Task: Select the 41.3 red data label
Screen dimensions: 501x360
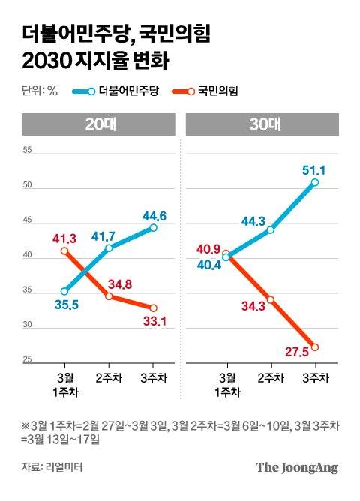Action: pos(65,238)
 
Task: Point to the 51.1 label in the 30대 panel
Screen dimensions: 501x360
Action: pos(314,169)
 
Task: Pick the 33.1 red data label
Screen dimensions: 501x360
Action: pos(152,322)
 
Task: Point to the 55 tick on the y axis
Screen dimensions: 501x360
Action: pos(28,151)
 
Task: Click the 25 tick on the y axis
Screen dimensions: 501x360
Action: pos(28,361)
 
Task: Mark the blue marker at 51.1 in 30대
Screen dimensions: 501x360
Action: pos(315,182)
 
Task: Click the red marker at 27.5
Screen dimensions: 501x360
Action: pos(315,347)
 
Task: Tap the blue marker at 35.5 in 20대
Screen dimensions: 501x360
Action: pos(65,292)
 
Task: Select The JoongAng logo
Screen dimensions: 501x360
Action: pos(297,468)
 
